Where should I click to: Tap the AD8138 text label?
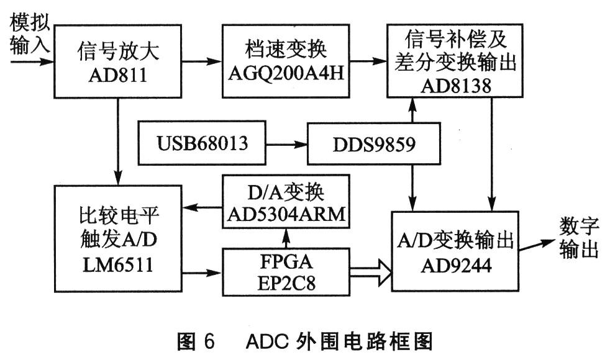456,86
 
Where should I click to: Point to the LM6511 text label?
118,266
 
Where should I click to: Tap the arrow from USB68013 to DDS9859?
287,145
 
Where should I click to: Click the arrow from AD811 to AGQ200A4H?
201,61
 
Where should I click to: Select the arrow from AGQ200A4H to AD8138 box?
368,61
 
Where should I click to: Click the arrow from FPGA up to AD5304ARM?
286,238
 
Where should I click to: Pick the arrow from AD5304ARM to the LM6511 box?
201,207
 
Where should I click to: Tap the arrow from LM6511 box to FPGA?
201,273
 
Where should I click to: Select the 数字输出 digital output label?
579,238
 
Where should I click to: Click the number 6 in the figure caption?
209,342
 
